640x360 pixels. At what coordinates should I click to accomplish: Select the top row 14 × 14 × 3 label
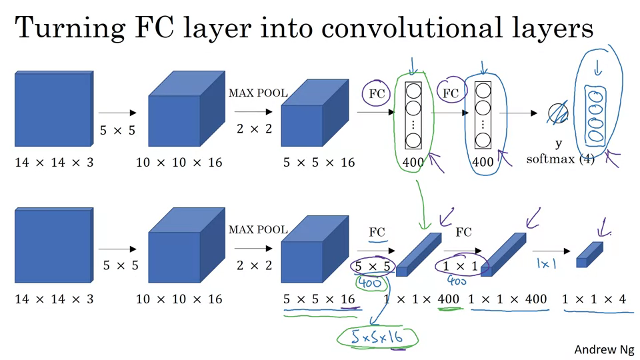[54, 163]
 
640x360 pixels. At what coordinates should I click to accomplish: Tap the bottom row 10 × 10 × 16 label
[179, 299]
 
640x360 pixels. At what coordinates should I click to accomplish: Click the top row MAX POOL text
[258, 93]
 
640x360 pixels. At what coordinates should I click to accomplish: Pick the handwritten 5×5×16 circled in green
[378, 338]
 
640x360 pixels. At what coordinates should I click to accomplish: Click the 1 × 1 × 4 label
[594, 300]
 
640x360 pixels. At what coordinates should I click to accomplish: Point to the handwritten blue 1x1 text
[547, 264]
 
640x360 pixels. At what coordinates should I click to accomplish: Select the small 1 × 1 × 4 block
[589, 255]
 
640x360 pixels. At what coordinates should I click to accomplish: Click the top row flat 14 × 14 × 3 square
[53, 109]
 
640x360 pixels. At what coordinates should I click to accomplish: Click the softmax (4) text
[559, 159]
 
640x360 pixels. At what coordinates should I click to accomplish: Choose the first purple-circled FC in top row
[377, 94]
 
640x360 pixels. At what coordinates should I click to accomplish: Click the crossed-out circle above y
[557, 115]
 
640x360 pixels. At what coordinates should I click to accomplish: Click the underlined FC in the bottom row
[377, 233]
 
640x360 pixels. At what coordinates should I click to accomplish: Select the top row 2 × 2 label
[254, 129]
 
